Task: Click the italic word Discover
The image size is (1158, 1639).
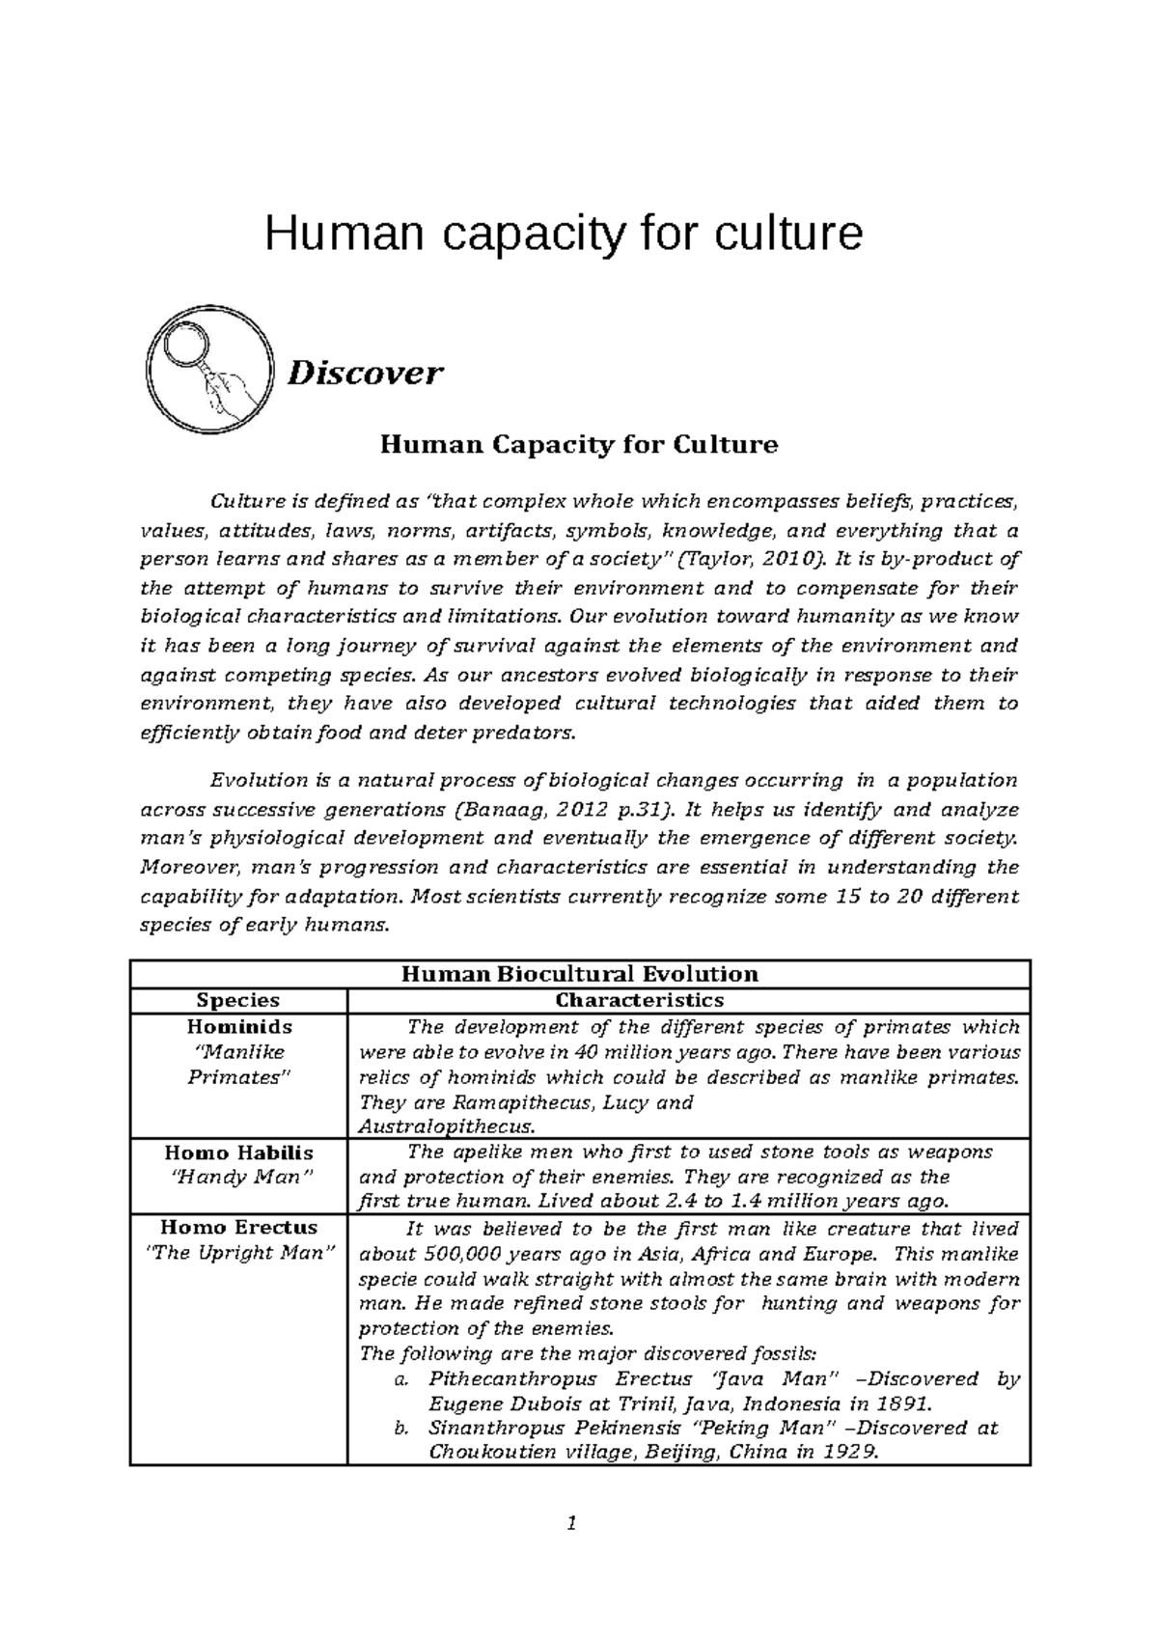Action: click(366, 373)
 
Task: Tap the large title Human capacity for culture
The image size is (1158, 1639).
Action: click(564, 234)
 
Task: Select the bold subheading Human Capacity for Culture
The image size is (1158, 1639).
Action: click(579, 444)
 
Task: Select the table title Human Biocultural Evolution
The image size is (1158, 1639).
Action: click(580, 974)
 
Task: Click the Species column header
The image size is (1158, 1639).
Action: click(237, 1000)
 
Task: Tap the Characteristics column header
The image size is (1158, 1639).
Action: click(640, 1000)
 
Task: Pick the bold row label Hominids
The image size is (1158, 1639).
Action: click(238, 1027)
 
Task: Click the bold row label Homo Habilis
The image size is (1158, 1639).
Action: click(238, 1153)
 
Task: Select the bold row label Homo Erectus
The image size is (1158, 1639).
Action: click(238, 1228)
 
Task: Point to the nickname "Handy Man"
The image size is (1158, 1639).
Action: click(238, 1178)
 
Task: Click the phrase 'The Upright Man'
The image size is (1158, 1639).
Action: click(238, 1254)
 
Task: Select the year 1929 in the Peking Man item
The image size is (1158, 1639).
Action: click(852, 1454)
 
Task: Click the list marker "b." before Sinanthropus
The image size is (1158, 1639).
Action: click(403, 1429)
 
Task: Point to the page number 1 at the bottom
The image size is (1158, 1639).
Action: click(571, 1524)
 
